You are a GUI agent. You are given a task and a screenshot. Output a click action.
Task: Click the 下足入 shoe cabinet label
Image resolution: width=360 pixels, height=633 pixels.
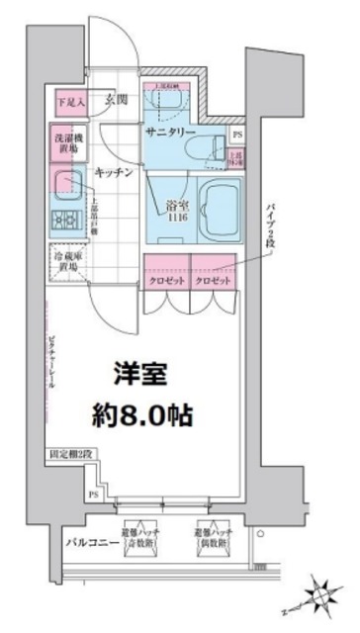(x=68, y=101)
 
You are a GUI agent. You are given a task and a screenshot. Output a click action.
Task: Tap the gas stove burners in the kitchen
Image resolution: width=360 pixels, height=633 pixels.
(x=66, y=218)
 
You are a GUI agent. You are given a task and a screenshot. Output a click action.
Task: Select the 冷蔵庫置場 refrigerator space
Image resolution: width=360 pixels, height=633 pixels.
(x=67, y=261)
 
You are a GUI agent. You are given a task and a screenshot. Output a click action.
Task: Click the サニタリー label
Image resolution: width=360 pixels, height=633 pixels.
(x=171, y=132)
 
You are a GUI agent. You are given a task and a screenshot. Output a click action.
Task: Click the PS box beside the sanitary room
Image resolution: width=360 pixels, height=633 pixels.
(x=236, y=133)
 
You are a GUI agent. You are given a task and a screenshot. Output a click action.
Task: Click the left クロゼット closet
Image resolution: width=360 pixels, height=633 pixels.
(x=164, y=280)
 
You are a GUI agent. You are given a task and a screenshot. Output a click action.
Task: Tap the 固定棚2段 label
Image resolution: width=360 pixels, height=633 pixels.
(x=71, y=456)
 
